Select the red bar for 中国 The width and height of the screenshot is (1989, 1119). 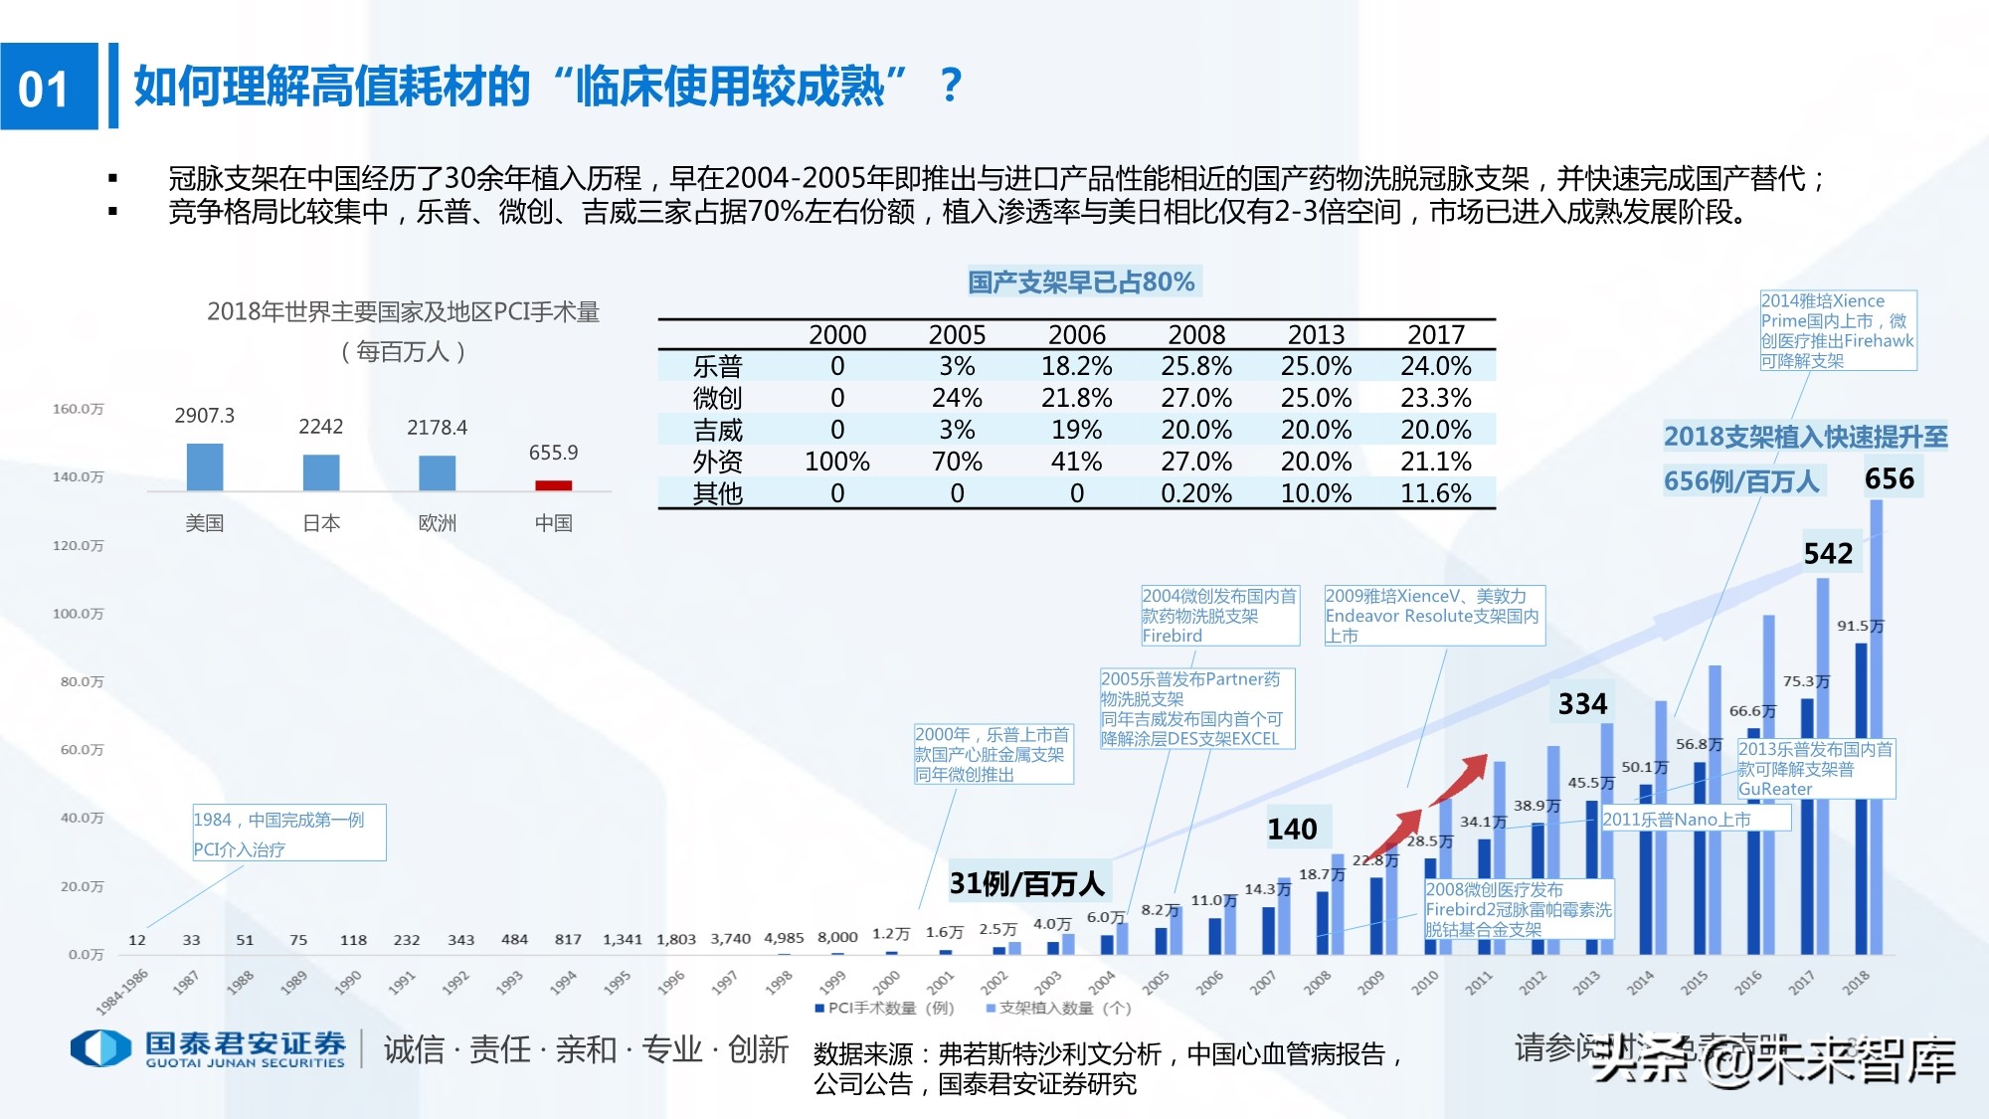click(553, 485)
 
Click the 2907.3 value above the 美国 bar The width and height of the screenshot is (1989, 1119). click(204, 416)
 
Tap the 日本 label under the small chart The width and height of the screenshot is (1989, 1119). click(321, 523)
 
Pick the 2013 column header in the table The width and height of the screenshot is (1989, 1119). click(1316, 335)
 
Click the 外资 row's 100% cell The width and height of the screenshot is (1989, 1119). click(836, 462)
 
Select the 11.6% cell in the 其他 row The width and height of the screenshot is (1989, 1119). click(1435, 493)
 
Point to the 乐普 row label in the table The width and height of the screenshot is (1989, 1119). click(717, 367)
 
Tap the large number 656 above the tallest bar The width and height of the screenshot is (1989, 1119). click(1889, 479)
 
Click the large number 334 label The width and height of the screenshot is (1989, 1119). click(1582, 704)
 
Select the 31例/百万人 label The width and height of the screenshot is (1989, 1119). click(1026, 883)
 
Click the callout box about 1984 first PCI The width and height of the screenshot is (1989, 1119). click(288, 834)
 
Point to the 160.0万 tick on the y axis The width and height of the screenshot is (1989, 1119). click(78, 409)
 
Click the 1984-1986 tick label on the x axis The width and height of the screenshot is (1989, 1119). click(121, 991)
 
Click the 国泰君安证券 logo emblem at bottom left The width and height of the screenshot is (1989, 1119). click(99, 1047)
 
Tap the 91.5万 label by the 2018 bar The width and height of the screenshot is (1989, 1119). click(1859, 626)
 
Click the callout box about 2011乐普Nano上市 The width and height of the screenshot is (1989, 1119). click(1695, 819)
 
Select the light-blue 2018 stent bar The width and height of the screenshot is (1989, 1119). click(1877, 726)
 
